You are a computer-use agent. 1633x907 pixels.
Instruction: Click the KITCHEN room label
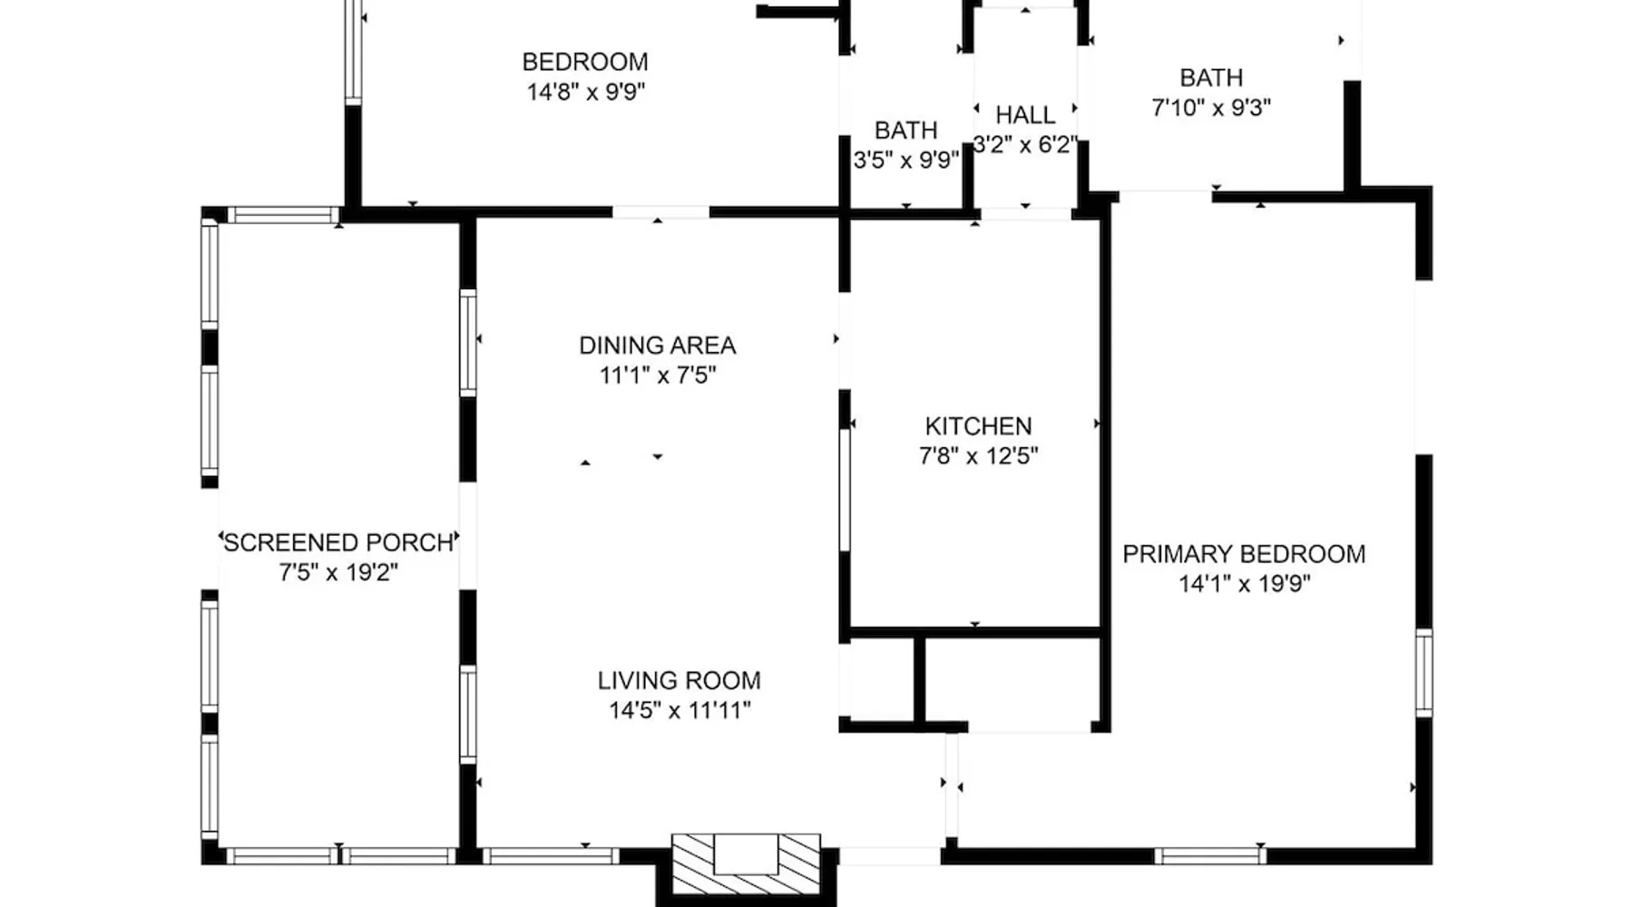[978, 425]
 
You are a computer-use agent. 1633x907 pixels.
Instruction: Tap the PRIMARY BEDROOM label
[1244, 553]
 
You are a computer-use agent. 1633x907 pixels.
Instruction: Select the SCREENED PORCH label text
[338, 542]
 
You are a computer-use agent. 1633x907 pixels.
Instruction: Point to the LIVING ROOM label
[679, 680]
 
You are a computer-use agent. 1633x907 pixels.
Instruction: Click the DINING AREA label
[657, 345]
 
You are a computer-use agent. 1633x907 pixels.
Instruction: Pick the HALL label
[1025, 115]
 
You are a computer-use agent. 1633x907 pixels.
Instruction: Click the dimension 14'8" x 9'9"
[586, 92]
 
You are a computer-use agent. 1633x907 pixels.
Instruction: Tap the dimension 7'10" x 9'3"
[1211, 108]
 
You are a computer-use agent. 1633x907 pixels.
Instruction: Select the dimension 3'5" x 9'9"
[905, 160]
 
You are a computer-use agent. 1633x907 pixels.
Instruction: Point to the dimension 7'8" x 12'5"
[978, 455]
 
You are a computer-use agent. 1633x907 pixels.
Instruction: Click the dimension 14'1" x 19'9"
[1244, 583]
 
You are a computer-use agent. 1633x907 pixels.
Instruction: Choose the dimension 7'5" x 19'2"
[338, 572]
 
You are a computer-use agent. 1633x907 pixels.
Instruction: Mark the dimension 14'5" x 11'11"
[679, 710]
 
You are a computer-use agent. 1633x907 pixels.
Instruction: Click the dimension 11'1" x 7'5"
[657, 375]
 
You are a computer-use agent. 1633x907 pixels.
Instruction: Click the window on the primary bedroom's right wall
[1423, 672]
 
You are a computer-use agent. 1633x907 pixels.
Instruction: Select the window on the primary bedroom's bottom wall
[1210, 855]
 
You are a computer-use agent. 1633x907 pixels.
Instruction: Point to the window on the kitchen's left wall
[845, 490]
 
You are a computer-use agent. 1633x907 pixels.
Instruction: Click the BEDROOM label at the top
[585, 62]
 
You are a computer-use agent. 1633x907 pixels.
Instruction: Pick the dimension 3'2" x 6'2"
[1025, 145]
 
